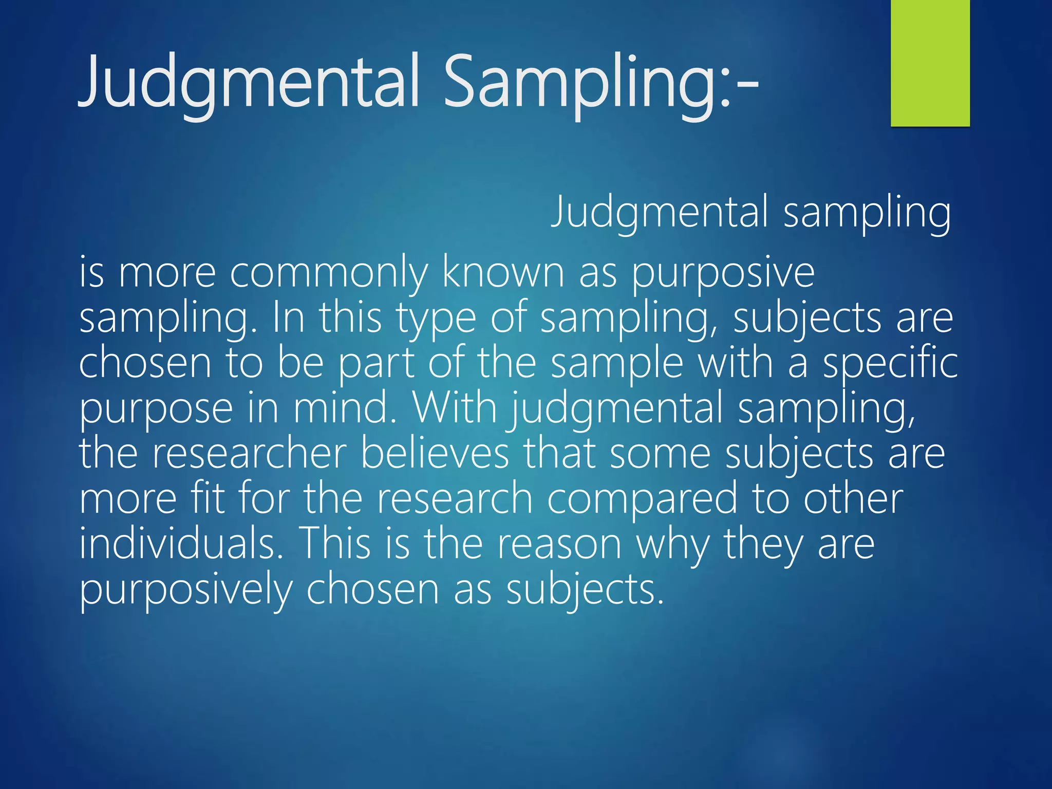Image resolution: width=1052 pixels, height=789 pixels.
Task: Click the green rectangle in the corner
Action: [x=930, y=63]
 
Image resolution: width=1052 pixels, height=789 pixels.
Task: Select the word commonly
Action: [x=328, y=273]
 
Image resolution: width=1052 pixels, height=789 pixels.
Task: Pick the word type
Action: [x=436, y=318]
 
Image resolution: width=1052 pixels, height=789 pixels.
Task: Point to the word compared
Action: [x=642, y=499]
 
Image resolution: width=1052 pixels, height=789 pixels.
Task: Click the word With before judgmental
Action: [x=455, y=408]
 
